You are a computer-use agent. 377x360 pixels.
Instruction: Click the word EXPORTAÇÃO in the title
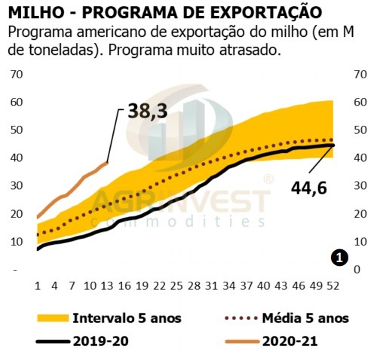point(256,13)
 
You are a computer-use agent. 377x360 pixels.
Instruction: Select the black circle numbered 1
point(339,258)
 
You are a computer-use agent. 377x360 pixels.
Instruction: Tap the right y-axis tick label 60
point(352,102)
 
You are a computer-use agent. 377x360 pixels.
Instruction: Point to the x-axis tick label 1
point(38,286)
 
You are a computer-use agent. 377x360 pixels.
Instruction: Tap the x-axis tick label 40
point(262,286)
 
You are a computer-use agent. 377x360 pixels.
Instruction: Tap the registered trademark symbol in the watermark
point(268,179)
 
